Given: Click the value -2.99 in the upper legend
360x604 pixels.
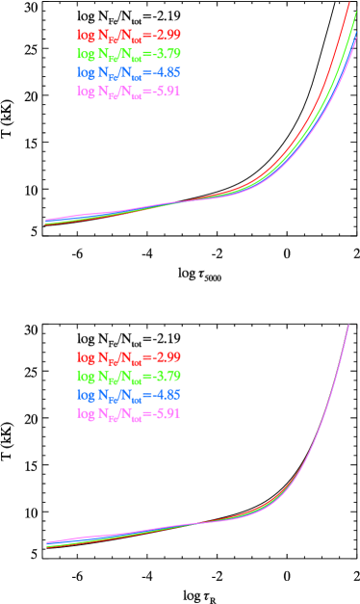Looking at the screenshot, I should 165,35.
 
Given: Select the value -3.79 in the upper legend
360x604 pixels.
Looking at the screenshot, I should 165,53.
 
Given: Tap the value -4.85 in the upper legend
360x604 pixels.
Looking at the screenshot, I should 165,72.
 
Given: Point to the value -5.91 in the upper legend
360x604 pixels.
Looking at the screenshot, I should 165,92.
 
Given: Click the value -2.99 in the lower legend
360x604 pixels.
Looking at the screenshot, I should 165,356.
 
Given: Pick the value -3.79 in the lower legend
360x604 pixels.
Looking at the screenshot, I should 165,375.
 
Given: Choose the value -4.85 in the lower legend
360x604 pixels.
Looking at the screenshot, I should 165,394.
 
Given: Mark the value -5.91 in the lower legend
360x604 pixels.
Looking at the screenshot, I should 165,413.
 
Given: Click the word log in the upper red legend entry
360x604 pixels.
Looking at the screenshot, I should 86,35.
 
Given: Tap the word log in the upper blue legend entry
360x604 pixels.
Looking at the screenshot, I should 86,72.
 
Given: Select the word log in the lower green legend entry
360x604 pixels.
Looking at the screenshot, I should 86,375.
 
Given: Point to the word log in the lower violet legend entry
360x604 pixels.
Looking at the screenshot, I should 86,413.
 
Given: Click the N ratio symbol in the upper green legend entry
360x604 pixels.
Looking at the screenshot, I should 120,54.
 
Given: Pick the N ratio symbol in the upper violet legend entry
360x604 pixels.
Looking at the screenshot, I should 120,92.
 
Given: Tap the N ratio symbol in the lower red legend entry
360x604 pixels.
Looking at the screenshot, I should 120,357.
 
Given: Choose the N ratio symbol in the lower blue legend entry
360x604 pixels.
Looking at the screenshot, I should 120,395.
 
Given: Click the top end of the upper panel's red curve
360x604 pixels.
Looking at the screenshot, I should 348,3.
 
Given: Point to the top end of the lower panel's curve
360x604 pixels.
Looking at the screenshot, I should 347,326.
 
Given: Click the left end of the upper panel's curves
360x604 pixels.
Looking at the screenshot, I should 46,222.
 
